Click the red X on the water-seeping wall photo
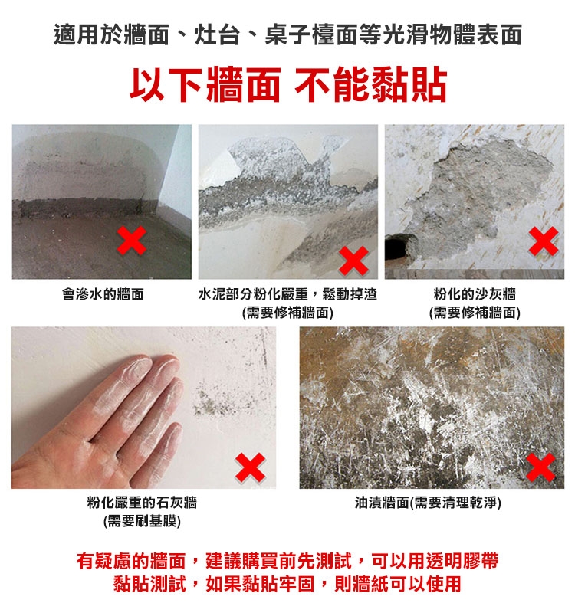[x=132, y=241]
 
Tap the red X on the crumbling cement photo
[x=353, y=261]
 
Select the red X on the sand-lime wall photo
[x=544, y=241]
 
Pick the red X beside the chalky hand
[x=251, y=467]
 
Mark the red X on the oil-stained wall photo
[x=541, y=467]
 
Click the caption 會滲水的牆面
[x=103, y=294]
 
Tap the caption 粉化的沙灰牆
[x=475, y=294]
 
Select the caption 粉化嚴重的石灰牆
[x=142, y=503]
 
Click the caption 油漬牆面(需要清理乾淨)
[x=428, y=503]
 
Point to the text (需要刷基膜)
[x=142, y=521]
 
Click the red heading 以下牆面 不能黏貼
[x=288, y=84]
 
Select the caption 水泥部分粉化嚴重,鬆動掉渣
[x=287, y=294]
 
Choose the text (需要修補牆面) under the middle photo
[x=287, y=313]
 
